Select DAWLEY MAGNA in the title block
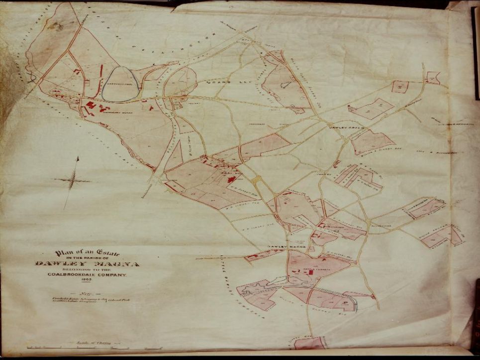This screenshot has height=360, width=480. pyautogui.click(x=88, y=264)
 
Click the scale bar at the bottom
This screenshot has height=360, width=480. pyautogui.click(x=95, y=347)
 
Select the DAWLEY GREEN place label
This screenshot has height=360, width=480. pyautogui.click(x=346, y=128)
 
